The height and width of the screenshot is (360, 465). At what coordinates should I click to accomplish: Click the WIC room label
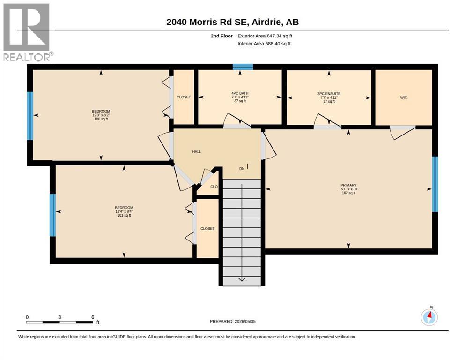point(404,97)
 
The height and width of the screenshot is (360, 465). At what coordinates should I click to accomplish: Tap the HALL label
point(196,152)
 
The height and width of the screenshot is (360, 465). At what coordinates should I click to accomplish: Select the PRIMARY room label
point(348,185)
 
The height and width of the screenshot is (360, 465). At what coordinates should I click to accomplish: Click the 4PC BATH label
point(240,93)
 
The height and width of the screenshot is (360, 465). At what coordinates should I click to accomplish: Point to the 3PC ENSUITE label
point(329,94)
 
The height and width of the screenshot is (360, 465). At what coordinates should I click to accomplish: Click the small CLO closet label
point(214,187)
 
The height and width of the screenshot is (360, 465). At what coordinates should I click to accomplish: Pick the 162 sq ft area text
point(348,193)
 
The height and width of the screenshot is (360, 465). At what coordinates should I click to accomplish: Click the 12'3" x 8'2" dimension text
point(101,115)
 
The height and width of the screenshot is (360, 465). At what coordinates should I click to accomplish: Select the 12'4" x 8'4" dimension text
point(124,211)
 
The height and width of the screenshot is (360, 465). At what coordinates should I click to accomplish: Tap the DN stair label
point(242,169)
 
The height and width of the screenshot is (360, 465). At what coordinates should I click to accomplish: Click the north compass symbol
point(429,317)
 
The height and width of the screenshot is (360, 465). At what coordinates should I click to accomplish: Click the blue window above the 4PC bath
point(243,67)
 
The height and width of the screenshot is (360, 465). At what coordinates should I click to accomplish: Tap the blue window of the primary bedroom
point(435,184)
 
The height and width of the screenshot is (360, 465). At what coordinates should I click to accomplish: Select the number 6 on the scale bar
point(93,317)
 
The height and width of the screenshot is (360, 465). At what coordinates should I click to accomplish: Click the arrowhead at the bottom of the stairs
point(242,279)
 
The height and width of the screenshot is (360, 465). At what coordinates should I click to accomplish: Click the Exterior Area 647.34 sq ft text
point(265,36)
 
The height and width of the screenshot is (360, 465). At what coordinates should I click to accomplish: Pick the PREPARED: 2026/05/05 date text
point(232,321)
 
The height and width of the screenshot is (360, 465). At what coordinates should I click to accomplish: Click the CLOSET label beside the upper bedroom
point(184,97)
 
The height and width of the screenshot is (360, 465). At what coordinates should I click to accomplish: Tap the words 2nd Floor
point(221,36)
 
